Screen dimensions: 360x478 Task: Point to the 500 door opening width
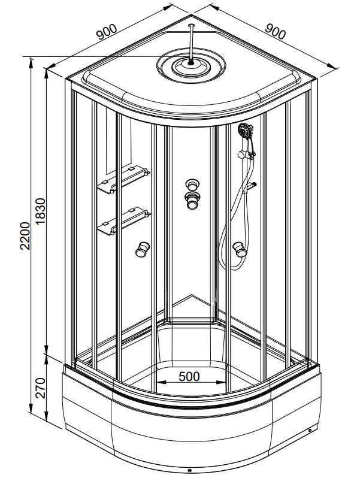click(x=189, y=376)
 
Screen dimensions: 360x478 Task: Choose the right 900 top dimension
click(x=276, y=31)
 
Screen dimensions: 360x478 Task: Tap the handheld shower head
click(x=244, y=130)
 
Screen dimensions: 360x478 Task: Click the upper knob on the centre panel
click(x=192, y=184)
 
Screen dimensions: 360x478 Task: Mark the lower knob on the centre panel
click(x=192, y=201)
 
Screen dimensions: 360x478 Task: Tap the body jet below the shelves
click(x=143, y=248)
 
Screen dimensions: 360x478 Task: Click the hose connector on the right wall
click(x=252, y=186)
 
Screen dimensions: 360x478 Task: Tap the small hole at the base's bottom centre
click(x=189, y=471)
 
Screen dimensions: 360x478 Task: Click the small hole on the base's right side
click(x=309, y=429)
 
